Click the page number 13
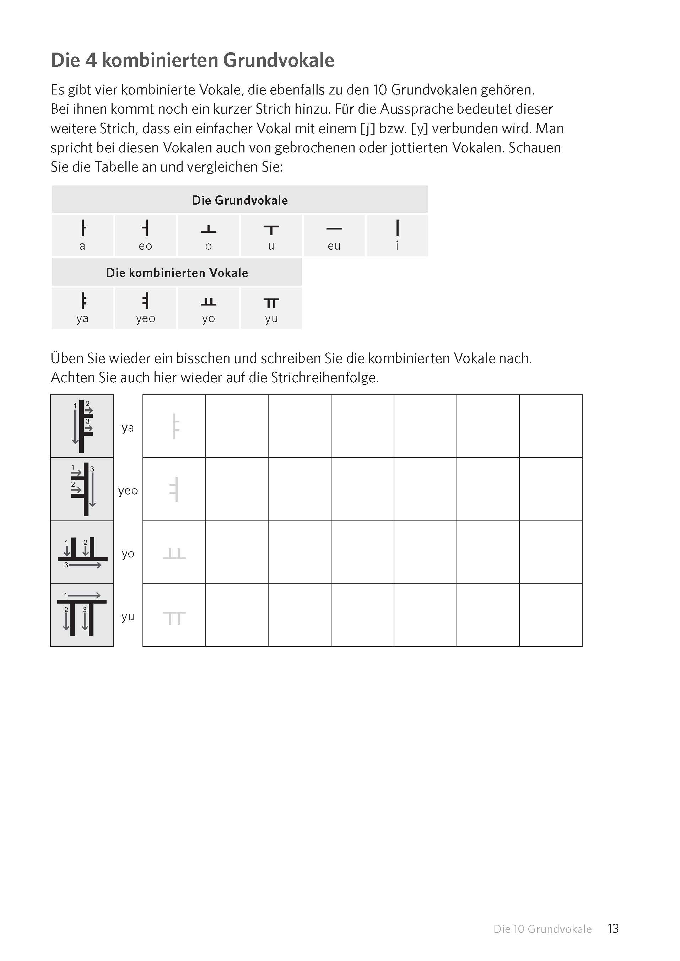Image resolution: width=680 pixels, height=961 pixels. (612, 928)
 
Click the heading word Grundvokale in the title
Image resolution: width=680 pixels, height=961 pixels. (279, 60)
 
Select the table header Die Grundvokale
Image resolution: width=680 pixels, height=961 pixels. (239, 200)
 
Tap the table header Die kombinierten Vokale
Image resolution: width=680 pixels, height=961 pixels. (177, 272)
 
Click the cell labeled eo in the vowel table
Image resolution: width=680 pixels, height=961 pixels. (145, 235)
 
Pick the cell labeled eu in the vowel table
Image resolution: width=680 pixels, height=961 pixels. (334, 235)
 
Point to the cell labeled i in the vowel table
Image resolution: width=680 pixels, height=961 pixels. (397, 235)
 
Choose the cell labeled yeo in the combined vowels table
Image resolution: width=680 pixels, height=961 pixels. (145, 308)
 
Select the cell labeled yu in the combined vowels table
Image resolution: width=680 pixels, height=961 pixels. (271, 308)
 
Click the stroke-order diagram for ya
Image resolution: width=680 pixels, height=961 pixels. (82, 426)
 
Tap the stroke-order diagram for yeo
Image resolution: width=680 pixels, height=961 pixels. (82, 489)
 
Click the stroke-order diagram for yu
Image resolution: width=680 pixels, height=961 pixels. (82, 615)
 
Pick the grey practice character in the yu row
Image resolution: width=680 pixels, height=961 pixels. (174, 618)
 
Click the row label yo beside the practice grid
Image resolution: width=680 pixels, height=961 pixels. (128, 554)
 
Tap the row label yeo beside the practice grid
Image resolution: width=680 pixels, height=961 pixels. (128, 491)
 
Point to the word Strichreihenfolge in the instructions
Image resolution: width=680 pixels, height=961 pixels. (324, 378)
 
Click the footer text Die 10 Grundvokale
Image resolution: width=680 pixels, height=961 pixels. (542, 929)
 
